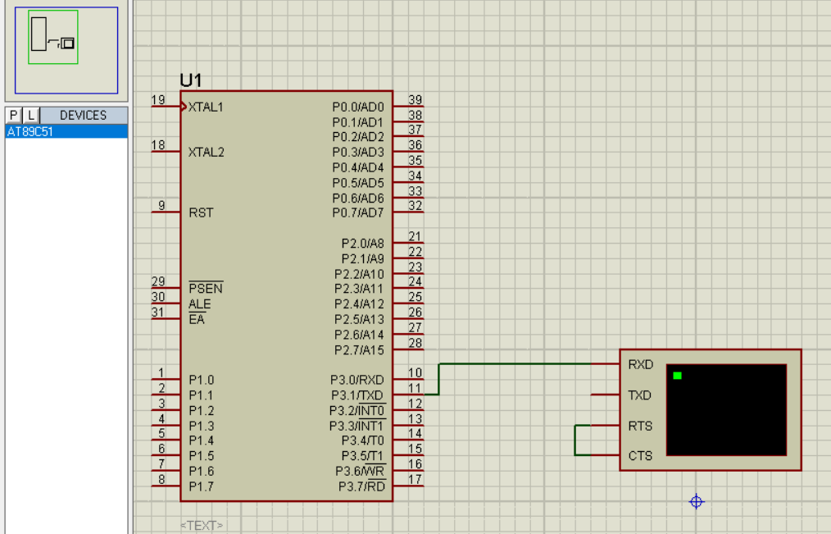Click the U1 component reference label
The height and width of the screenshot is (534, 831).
click(x=191, y=80)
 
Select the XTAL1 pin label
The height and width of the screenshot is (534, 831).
click(x=206, y=107)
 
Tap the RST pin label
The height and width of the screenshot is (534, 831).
click(x=201, y=212)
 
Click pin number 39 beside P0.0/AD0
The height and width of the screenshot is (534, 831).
click(x=415, y=100)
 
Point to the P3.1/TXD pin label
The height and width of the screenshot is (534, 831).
click(x=357, y=395)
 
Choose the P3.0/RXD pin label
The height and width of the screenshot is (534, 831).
click(x=357, y=381)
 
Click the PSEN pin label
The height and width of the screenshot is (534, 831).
click(x=206, y=288)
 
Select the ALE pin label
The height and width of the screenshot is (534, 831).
click(x=200, y=304)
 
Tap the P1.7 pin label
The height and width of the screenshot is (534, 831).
click(x=201, y=486)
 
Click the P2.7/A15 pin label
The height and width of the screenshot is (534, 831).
click(x=359, y=350)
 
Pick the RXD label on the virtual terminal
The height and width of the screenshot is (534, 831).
click(x=641, y=365)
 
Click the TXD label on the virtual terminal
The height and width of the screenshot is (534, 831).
click(x=640, y=395)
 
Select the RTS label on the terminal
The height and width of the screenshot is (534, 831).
click(x=640, y=426)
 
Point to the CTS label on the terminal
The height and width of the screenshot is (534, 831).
click(x=640, y=456)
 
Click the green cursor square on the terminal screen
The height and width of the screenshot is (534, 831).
click(x=677, y=376)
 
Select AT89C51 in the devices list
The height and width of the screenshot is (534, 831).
click(x=30, y=131)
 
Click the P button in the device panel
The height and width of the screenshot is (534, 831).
click(x=13, y=115)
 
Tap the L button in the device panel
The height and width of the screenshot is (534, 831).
click(x=31, y=115)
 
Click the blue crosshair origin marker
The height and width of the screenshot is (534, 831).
click(x=697, y=502)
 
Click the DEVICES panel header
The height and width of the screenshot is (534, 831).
click(x=84, y=115)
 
